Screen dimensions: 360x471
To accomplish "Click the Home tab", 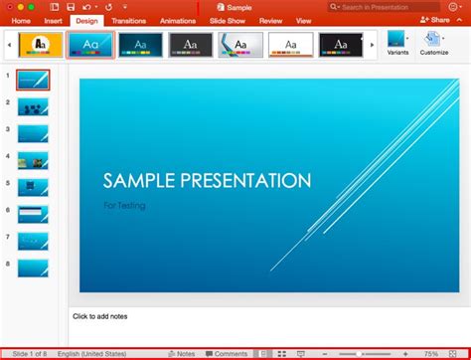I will (x=21, y=20).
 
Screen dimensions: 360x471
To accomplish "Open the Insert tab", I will (x=53, y=20).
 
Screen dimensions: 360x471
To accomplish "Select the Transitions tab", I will (x=128, y=20).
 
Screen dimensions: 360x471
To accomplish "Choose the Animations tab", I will (x=177, y=20).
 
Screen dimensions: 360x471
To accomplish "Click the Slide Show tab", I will (x=228, y=20).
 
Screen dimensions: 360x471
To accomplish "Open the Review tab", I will (x=270, y=20).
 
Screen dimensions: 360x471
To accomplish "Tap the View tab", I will (x=303, y=20).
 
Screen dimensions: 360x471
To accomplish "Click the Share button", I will (x=436, y=20).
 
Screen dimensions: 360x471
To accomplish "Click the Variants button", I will (x=397, y=45).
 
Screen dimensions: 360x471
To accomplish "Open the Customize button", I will (x=434, y=45).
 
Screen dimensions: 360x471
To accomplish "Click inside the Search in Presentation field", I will (x=378, y=7).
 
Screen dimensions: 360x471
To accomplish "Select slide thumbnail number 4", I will (x=33, y=160).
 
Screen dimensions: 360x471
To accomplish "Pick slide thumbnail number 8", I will (x=33, y=267).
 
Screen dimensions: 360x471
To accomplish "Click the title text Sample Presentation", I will (x=208, y=181).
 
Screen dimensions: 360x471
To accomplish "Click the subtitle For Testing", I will (x=124, y=205).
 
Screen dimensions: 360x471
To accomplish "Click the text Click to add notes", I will (x=99, y=316).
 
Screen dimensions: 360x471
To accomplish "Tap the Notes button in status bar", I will (x=182, y=354).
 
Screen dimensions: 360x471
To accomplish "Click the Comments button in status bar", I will (x=227, y=354).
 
